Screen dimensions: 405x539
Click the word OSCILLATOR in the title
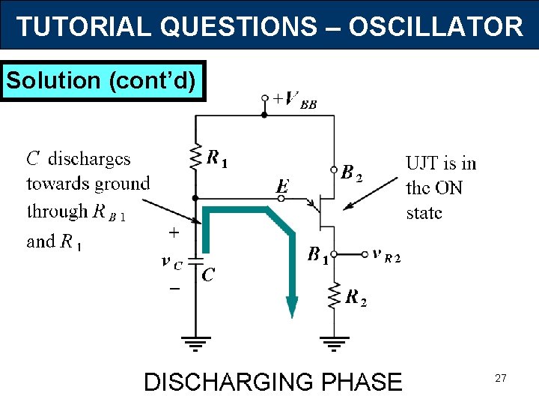436,27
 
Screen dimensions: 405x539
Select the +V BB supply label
294,99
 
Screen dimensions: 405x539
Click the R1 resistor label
217,158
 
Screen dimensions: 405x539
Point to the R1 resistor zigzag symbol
196,157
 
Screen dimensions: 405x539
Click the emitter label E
282,185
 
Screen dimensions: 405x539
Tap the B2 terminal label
351,173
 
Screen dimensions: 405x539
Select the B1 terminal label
318,255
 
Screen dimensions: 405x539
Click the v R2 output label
386,255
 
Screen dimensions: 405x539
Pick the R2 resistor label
356,298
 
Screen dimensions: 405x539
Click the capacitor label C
207,275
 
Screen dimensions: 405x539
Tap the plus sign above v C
174,233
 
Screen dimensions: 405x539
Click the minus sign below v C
174,289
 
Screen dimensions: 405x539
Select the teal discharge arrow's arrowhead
292,306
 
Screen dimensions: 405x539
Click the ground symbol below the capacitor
195,346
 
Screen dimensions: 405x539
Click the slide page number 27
500,379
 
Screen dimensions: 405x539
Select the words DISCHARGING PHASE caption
272,382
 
